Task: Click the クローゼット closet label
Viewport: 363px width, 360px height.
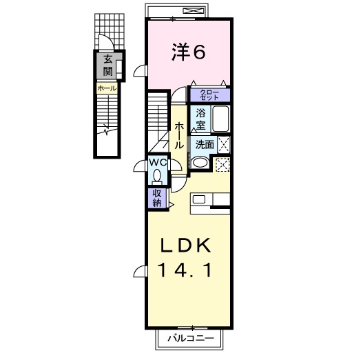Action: (x=209, y=96)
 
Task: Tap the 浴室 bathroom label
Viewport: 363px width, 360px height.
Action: (x=200, y=119)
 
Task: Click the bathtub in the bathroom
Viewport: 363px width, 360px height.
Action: (x=220, y=119)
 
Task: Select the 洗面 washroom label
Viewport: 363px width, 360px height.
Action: (x=203, y=145)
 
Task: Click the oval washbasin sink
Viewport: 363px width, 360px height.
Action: (x=200, y=163)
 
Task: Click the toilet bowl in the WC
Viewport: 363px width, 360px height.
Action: (x=158, y=175)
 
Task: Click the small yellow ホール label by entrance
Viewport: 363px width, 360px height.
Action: (x=106, y=88)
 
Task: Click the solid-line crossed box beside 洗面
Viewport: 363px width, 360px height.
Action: (x=223, y=144)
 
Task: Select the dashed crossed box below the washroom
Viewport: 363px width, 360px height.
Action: (x=222, y=164)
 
